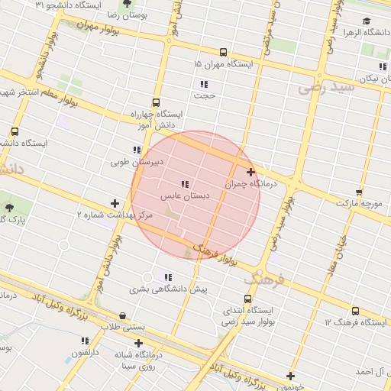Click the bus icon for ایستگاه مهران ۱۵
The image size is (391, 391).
[x=223, y=53]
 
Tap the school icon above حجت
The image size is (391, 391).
[x=204, y=84]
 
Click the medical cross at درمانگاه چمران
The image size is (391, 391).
[x=250, y=173]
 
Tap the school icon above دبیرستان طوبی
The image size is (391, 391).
[x=137, y=150]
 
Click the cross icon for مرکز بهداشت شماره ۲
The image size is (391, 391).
[x=115, y=204]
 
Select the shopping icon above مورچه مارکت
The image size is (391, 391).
[x=359, y=192]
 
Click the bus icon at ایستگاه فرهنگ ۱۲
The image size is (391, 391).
[x=356, y=311]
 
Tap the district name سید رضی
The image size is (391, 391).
[x=328, y=89]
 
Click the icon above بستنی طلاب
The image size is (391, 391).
[x=123, y=315]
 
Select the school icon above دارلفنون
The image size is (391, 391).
[x=85, y=341]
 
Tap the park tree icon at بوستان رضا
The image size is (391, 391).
[x=127, y=4]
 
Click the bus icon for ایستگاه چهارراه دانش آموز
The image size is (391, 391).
[x=157, y=102]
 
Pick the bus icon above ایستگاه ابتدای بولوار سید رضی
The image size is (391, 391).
[x=248, y=299]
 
